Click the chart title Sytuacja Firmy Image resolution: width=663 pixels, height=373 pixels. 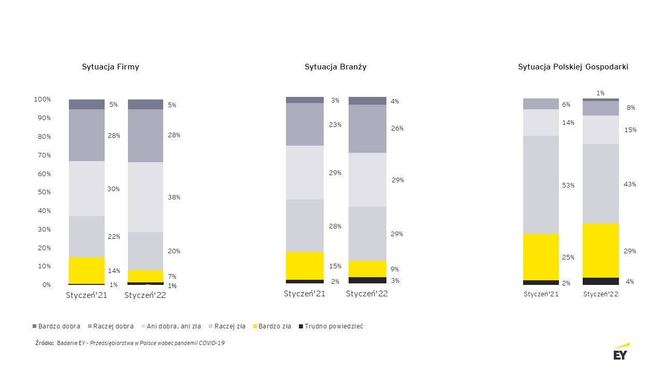coord(110,67)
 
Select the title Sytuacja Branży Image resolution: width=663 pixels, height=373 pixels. coord(336,67)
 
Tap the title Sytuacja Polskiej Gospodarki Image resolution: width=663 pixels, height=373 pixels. coord(573,67)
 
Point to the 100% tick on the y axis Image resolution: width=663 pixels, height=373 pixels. coord(42,99)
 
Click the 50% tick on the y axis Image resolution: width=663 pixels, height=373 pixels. coord(44,192)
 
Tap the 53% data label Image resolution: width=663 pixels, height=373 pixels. coord(568,185)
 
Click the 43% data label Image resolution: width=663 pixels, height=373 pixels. coord(630,184)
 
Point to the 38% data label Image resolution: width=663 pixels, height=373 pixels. coord(174,197)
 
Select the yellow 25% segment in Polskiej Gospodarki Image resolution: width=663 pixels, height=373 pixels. coord(541,257)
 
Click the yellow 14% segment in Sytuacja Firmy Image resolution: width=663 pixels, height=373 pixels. coord(87,270)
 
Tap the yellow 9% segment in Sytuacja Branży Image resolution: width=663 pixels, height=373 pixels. coord(367,269)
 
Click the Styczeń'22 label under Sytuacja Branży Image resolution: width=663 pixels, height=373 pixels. coord(367,294)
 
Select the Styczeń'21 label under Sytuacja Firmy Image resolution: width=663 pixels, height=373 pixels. coord(87,295)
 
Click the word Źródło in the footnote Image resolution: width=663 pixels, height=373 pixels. coord(45,343)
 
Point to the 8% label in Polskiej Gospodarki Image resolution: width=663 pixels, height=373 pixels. coord(630,108)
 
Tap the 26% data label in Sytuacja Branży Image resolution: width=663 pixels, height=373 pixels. coord(397,128)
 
